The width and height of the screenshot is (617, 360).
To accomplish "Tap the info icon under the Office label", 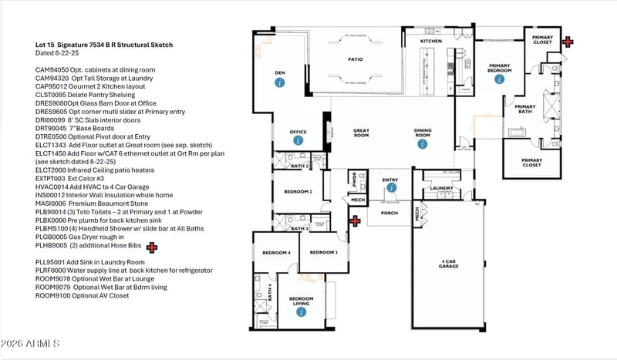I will [298, 141].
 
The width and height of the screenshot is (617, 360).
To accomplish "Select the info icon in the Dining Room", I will [422, 143].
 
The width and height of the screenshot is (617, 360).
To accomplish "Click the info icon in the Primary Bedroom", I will [499, 79].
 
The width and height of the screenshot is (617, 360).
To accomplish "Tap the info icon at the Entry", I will [391, 187].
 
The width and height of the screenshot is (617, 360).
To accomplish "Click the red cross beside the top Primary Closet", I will [568, 42].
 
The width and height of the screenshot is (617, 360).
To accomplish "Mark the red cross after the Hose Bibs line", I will [152, 247].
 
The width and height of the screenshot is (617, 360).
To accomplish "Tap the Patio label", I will [355, 59].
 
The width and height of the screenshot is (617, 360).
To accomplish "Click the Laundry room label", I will [441, 187].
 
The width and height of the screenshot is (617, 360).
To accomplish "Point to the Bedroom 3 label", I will [323, 253].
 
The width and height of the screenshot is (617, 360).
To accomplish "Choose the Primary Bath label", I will [525, 109].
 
